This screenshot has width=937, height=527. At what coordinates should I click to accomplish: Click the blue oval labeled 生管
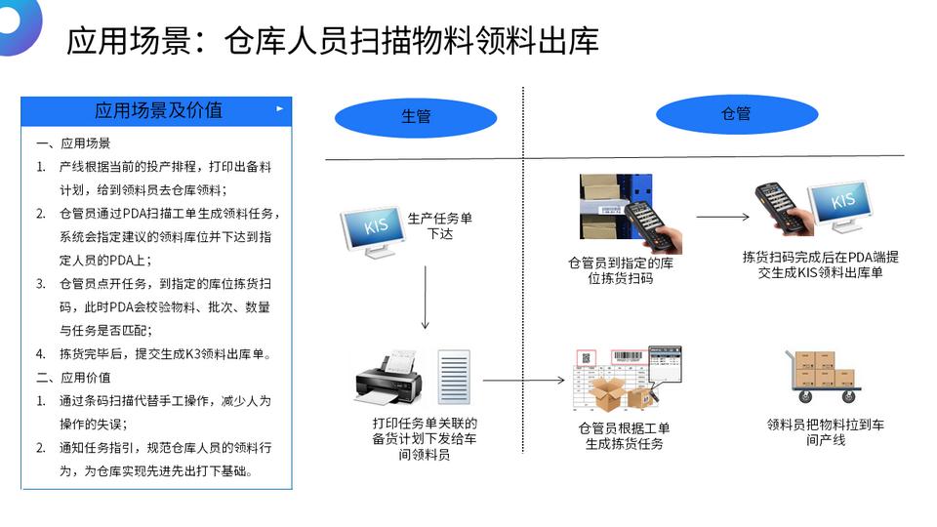point(416,117)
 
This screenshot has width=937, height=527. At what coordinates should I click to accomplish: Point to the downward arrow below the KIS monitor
point(426,297)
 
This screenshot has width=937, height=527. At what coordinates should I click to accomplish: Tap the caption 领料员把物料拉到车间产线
point(826,432)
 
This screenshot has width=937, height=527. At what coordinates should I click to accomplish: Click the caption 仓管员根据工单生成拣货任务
point(624,436)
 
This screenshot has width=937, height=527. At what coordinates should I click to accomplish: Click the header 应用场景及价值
point(158,110)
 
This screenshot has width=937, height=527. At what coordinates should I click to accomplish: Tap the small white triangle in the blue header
point(280,109)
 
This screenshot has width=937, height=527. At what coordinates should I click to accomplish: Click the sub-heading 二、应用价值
point(73,378)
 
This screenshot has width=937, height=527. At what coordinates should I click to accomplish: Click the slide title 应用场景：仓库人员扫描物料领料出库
point(332,41)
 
